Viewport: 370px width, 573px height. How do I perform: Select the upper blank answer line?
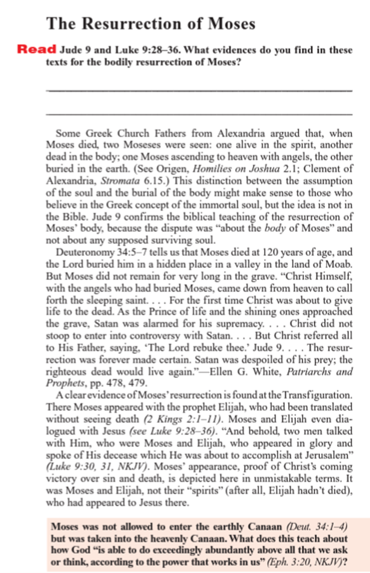click(199, 90)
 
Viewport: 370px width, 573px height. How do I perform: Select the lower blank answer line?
click(199, 114)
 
